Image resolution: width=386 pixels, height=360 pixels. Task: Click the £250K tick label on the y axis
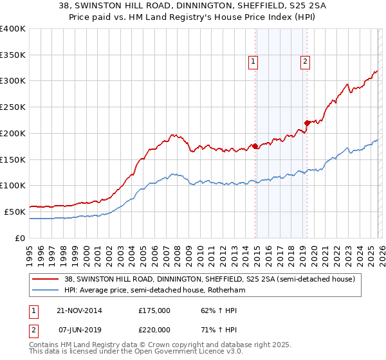pyautogui.click(x=12, y=107)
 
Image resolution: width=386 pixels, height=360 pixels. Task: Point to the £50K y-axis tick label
pyautogui.click(x=14, y=212)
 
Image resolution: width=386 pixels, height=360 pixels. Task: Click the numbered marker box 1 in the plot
pyautogui.click(x=253, y=62)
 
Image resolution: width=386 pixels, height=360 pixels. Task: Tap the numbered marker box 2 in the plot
pyautogui.click(x=304, y=62)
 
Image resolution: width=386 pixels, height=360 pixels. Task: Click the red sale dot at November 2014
pyautogui.click(x=255, y=147)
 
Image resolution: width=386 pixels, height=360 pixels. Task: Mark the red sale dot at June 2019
pyautogui.click(x=307, y=123)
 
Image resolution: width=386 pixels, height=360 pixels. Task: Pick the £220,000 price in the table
pyautogui.click(x=154, y=329)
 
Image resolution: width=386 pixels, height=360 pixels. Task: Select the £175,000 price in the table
pyautogui.click(x=154, y=310)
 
